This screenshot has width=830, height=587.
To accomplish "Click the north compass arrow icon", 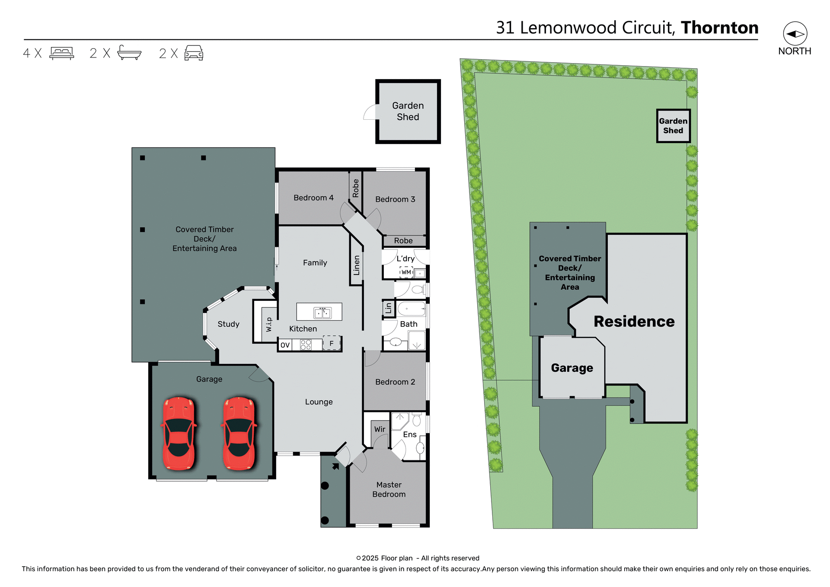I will click(795, 34).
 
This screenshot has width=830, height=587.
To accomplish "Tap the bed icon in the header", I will click(62, 53).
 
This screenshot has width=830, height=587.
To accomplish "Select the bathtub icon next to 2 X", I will click(129, 53).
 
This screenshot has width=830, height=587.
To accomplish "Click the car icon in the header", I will click(194, 53).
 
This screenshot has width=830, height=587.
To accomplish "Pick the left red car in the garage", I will click(179, 433).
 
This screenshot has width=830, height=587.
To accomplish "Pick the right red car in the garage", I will click(239, 433).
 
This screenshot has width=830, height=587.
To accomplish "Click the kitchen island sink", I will click(322, 313).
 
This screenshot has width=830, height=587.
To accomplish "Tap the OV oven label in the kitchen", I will click(285, 345).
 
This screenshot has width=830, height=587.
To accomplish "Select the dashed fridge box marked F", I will click(332, 343).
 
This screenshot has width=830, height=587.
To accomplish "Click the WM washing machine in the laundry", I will click(406, 272).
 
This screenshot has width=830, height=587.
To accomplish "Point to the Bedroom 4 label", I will click(313, 198).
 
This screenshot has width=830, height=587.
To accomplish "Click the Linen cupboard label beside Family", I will click(357, 265).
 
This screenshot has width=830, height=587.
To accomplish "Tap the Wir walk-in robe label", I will click(380, 429).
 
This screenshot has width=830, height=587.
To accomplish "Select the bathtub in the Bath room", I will click(411, 309).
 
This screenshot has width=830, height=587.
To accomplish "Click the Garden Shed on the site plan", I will click(673, 126).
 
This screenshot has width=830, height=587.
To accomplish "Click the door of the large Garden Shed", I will click(370, 112).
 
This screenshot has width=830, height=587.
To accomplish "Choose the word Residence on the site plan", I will click(634, 321).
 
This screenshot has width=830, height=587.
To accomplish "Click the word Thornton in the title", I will click(719, 28).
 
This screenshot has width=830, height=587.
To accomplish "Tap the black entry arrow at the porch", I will click(335, 466).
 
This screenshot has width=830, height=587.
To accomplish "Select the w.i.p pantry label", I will click(269, 324).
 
